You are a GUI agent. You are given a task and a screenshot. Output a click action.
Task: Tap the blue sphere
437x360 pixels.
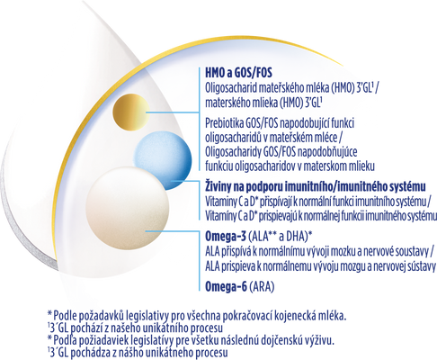tap(162, 160)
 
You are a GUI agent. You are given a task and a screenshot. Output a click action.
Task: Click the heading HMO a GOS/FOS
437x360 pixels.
tap(238, 73)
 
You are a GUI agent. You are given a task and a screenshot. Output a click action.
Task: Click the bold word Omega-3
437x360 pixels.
tap(226, 237)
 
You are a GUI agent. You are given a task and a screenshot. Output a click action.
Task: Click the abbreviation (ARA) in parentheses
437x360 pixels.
tap(262, 287)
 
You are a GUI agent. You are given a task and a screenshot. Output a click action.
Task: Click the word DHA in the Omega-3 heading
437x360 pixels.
tap(298, 237)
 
